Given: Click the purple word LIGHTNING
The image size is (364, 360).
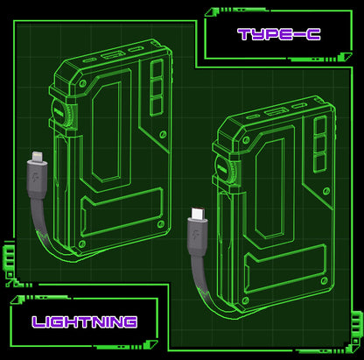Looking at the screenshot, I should pos(85,321).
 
